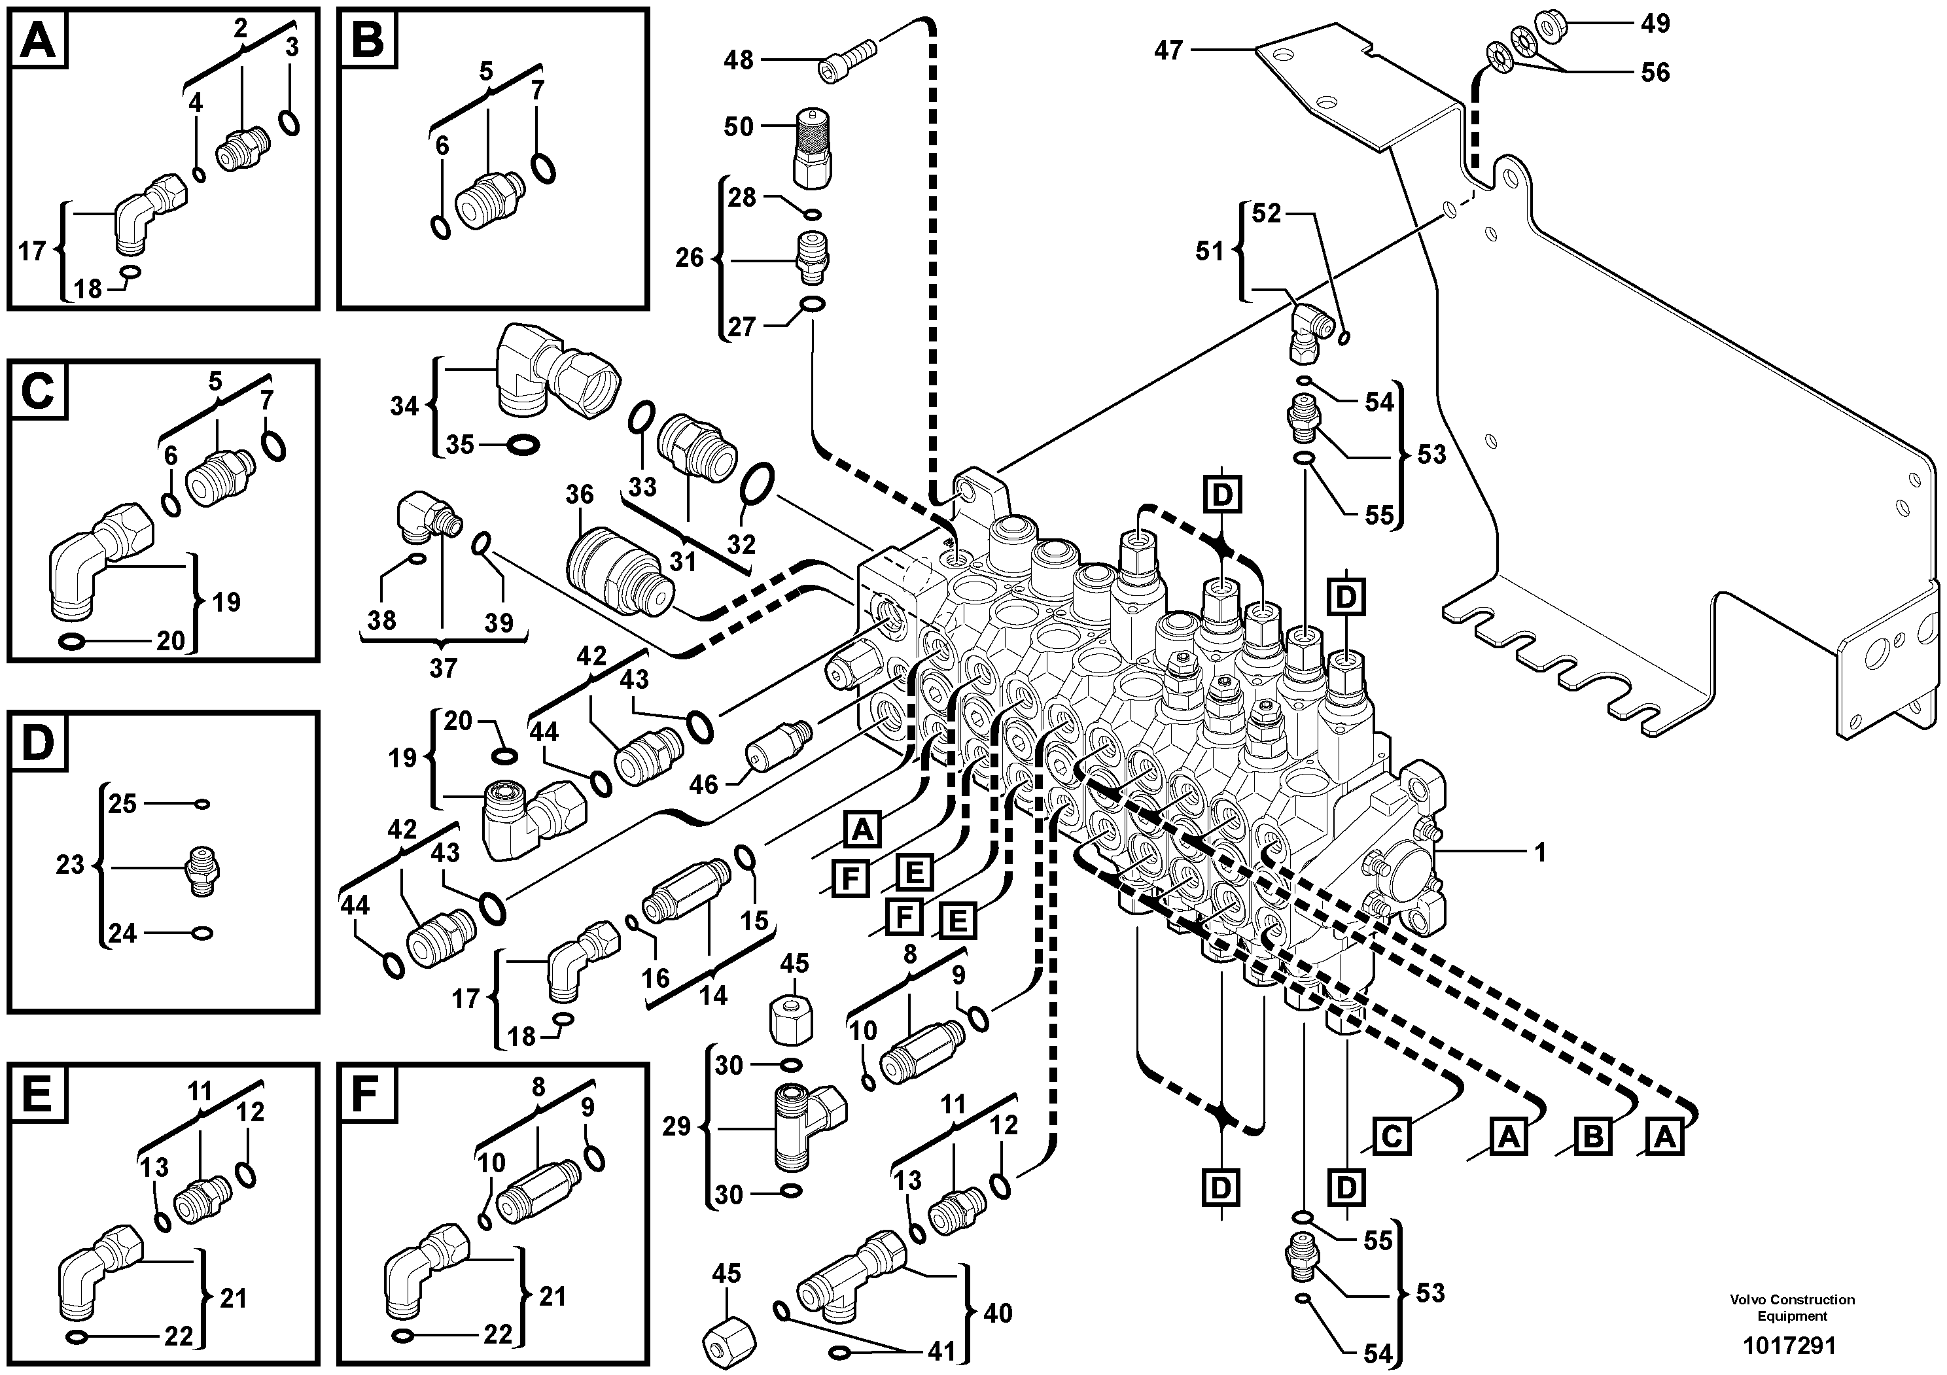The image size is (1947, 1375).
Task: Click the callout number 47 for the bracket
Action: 1168,51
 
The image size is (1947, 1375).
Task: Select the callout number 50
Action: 739,127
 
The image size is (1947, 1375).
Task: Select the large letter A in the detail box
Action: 38,40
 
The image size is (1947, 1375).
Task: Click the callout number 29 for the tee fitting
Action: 676,1128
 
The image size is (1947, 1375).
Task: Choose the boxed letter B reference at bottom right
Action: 1592,1137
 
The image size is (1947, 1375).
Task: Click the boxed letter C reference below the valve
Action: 1392,1136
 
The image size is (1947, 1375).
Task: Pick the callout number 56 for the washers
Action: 1655,73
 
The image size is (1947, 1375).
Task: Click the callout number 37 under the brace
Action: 443,668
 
